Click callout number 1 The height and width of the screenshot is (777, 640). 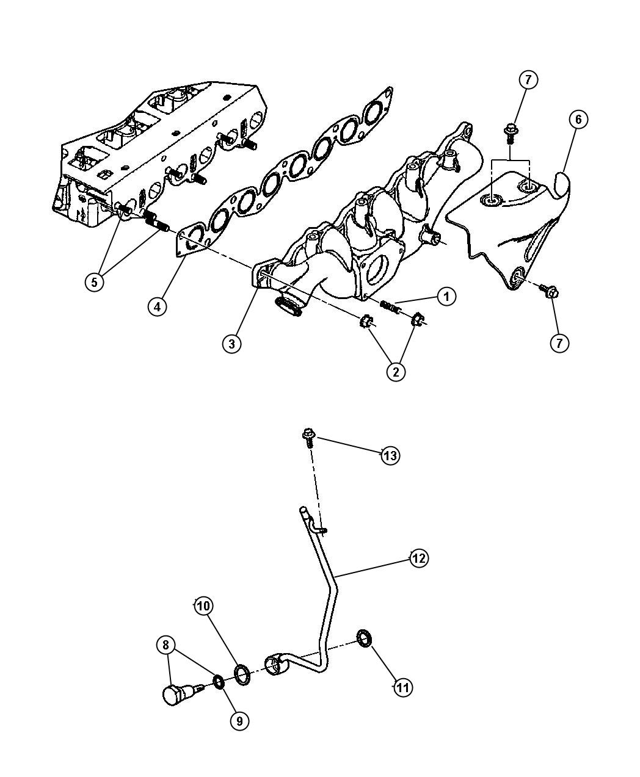coord(446,296)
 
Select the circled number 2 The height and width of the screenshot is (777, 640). coord(396,372)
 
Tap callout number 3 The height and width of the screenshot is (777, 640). coord(232,344)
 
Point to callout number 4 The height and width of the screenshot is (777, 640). coord(158,306)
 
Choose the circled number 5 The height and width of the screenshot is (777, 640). coord(95,282)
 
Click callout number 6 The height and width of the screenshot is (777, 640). coord(578,120)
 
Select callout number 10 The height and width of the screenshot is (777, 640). coord(204,605)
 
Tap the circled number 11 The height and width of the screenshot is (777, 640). coord(403,687)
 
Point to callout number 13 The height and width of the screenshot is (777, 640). coord(390,456)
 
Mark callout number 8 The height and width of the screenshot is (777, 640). coord(165,645)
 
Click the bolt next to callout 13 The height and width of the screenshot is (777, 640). coord(308,438)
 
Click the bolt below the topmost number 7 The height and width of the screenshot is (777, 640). coord(511,134)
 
